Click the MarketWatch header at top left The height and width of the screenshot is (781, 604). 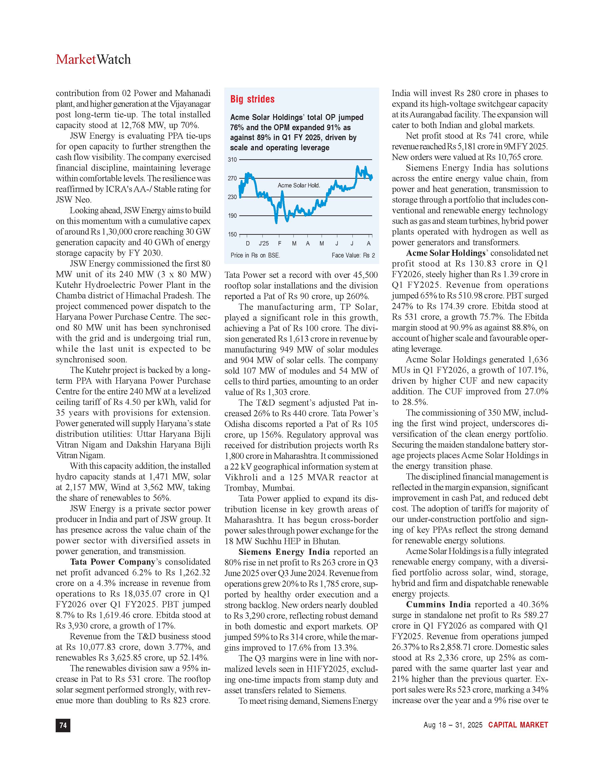click(93, 59)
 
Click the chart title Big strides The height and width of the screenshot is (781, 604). click(252, 99)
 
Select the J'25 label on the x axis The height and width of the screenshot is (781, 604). click(263, 244)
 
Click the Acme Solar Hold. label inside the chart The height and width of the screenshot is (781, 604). click(299, 185)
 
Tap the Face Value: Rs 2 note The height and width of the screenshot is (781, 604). click(353, 255)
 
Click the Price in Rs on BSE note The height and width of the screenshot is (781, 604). click(255, 255)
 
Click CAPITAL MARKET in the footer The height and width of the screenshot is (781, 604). click(518, 725)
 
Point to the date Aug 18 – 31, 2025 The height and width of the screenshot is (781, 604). click(453, 725)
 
